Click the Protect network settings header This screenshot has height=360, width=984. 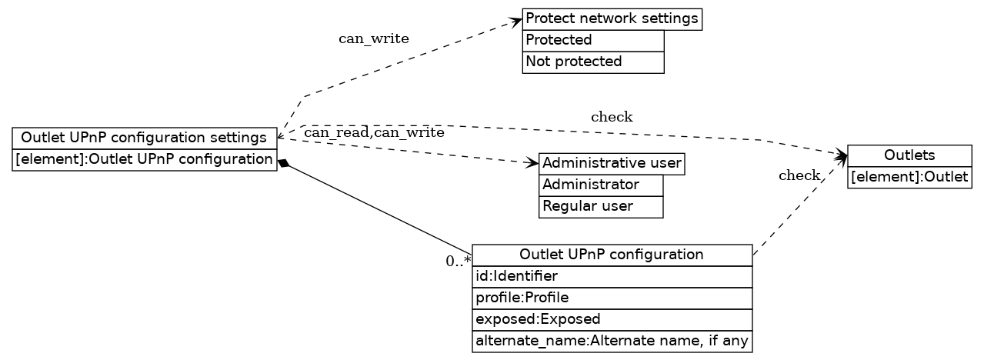point(612,18)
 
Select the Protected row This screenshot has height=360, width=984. point(592,40)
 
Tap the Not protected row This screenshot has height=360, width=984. point(592,62)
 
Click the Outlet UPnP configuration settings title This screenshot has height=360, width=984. point(144,138)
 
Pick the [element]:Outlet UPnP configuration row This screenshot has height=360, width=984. point(144,160)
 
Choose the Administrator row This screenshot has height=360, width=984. point(600,185)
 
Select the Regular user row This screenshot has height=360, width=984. point(600,207)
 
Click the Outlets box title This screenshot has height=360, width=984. point(909,156)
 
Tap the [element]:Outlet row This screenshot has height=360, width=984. point(909,178)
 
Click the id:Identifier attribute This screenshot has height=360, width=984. point(612,276)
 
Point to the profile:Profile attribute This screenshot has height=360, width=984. point(612,298)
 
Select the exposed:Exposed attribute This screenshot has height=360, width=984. point(612,319)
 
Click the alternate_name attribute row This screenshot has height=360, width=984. point(612,341)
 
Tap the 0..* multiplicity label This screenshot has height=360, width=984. point(458,261)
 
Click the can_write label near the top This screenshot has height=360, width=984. point(373,39)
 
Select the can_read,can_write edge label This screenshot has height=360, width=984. point(374,133)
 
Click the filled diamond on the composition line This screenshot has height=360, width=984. point(283,163)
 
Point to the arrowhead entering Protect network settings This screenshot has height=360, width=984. point(516,22)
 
